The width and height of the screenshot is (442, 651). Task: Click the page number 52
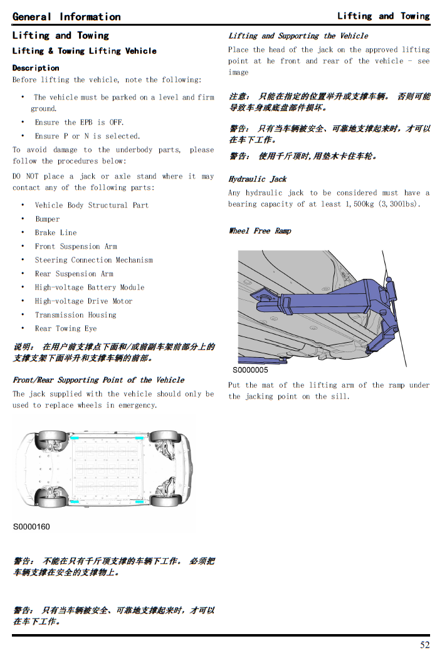tap(424, 645)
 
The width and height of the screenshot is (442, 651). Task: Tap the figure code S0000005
tap(250, 370)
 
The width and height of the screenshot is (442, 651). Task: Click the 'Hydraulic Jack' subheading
tap(258, 179)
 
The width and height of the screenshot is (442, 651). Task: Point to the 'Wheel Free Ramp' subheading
tap(260, 231)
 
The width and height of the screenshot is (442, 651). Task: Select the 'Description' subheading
tap(36, 68)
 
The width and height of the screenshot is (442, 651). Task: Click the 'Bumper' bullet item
tap(48, 219)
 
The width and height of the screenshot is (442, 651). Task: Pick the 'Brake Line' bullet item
tap(56, 232)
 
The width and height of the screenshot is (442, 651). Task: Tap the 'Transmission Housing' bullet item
tap(76, 315)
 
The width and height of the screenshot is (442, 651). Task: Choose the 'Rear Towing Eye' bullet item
tap(66, 328)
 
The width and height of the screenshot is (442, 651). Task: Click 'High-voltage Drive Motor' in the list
tap(84, 301)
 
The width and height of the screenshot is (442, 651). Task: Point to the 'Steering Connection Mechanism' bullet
tap(94, 260)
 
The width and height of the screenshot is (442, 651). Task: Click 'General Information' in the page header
tap(66, 16)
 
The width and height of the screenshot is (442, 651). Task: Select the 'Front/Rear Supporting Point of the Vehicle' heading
tap(98, 380)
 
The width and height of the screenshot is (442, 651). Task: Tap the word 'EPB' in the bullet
tap(87, 122)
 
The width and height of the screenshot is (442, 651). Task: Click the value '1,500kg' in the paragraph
tap(359, 204)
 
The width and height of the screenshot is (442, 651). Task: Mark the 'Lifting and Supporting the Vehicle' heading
tap(298, 36)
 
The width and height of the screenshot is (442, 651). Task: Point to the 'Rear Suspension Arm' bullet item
tap(74, 274)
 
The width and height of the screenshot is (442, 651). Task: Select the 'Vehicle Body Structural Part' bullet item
tap(92, 206)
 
